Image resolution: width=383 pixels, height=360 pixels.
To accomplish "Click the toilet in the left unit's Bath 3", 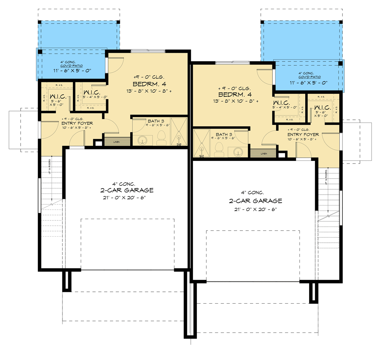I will (x=161, y=136).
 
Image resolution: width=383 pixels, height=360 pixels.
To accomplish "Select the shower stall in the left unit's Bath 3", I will (x=178, y=132).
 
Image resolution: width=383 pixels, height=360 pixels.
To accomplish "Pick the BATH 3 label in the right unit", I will (x=224, y=134).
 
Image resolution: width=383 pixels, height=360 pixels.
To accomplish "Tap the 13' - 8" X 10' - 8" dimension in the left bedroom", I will (x=149, y=91).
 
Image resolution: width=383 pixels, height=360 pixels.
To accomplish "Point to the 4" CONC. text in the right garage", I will (x=253, y=193).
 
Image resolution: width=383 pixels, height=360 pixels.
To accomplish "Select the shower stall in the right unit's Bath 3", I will (x=201, y=143).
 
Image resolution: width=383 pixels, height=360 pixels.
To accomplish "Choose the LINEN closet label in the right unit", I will (x=264, y=154).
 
